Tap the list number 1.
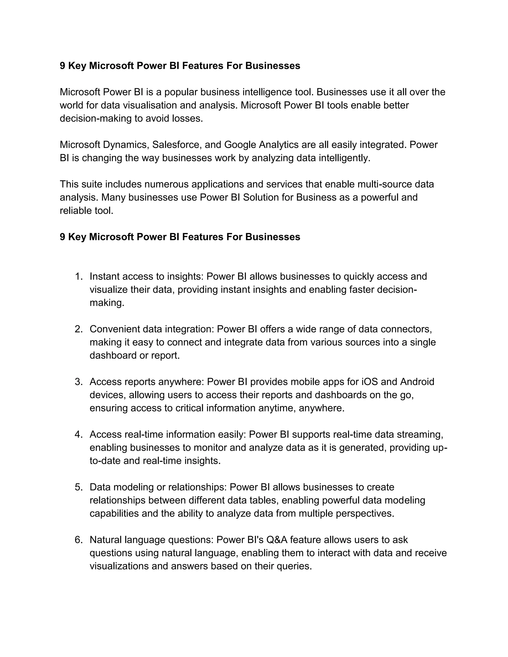pyautogui.click(x=79, y=276)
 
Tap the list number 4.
pyautogui.click(x=79, y=434)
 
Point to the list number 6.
pyautogui.click(x=79, y=540)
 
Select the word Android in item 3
pyautogui.click(x=417, y=382)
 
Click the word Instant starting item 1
pyautogui.click(x=104, y=276)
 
